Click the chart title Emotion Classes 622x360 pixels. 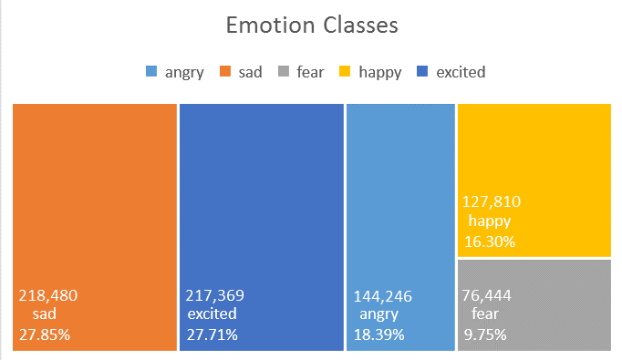tap(312, 25)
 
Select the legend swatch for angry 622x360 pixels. tap(151, 72)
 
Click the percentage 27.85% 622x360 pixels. tap(44, 334)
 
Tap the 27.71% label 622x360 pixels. tap(212, 334)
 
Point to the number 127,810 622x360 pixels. tap(492, 202)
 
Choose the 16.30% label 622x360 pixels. tap(490, 242)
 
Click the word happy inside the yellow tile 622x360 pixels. tap(490, 221)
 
